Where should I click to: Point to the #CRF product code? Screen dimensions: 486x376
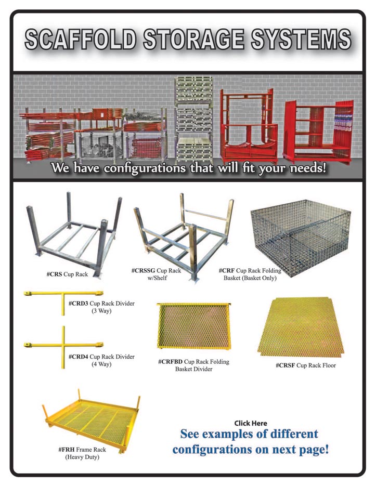pos(226,271)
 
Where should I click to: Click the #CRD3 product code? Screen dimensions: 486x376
pos(78,303)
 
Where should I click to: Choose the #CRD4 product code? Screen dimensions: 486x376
pos(78,357)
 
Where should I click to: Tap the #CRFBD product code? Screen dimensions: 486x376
pos(170,361)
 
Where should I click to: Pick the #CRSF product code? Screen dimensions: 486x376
pos(285,365)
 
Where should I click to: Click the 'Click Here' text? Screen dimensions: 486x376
pos(250,423)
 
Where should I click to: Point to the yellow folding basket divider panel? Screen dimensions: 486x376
pos(193,326)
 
